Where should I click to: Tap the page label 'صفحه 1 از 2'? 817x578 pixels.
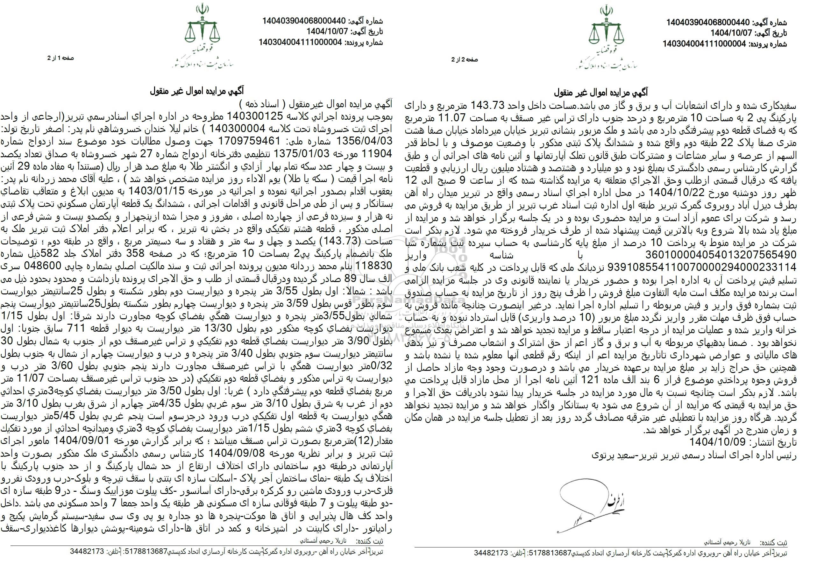[x=60, y=58]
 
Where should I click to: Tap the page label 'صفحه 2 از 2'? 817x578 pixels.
[x=464, y=60]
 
